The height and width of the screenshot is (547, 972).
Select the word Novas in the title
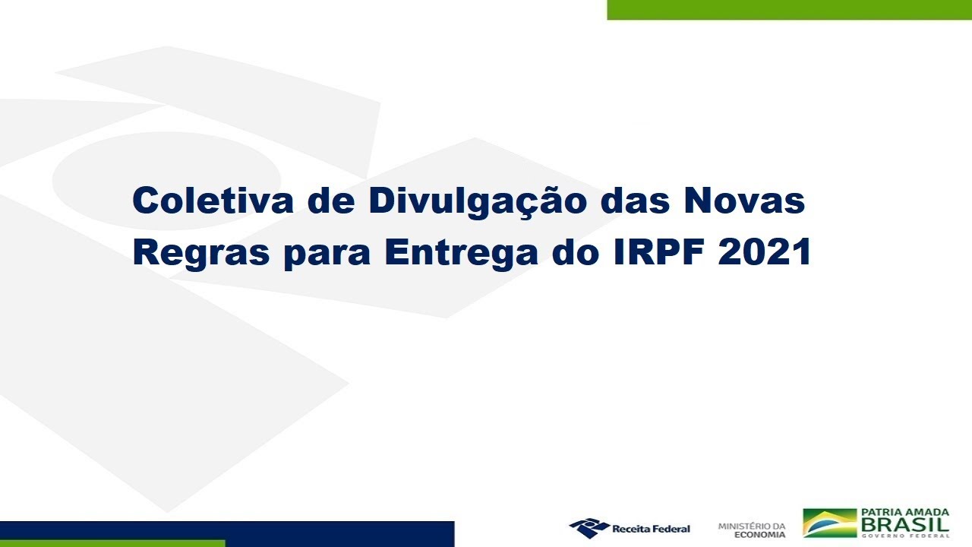click(745, 201)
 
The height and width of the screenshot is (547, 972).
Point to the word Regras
click(201, 254)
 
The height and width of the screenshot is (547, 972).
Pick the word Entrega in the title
click(461, 254)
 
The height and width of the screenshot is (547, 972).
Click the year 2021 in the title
click(765, 251)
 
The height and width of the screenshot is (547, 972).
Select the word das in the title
click(636, 201)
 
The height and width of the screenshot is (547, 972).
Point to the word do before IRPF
click(576, 251)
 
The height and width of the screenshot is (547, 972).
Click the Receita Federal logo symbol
click(589, 528)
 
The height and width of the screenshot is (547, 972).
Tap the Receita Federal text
click(651, 529)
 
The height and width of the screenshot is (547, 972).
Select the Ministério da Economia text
click(752, 530)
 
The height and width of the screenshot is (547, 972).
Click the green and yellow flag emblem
click(830, 523)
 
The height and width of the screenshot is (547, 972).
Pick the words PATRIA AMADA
click(905, 512)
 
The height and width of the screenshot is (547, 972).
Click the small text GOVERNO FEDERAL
click(905, 536)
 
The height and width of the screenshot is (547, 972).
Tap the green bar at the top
click(789, 10)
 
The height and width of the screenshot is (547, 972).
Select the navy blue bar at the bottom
click(227, 530)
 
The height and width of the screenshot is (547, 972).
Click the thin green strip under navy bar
click(112, 543)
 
